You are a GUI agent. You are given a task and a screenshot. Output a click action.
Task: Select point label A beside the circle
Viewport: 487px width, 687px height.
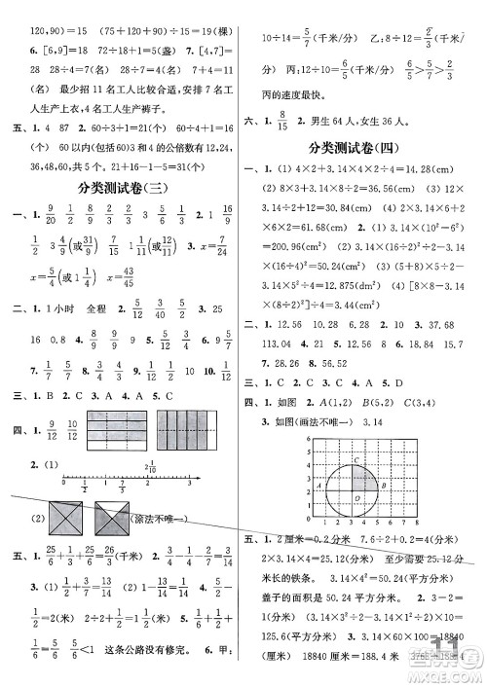point(320,482)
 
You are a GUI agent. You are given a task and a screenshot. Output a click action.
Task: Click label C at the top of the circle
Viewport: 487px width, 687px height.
point(357,460)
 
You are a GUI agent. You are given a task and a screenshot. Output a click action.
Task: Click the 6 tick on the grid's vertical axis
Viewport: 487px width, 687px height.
point(308,440)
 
